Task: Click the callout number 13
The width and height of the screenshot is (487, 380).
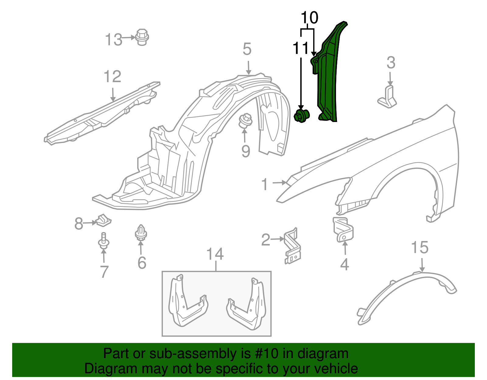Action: [113, 40]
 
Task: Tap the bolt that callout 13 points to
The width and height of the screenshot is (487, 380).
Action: [142, 37]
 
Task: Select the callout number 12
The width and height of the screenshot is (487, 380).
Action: [112, 77]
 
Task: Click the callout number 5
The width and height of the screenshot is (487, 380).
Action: [247, 49]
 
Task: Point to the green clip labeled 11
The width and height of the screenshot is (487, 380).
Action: [302, 116]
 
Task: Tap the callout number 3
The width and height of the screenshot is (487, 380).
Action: [391, 63]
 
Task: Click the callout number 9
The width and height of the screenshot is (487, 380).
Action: [246, 151]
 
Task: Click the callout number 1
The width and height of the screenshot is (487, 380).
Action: [265, 184]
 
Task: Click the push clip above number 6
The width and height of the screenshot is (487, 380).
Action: [141, 233]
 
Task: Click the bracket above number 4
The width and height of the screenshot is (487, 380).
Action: [343, 229]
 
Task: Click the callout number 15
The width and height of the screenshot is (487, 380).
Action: [420, 248]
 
